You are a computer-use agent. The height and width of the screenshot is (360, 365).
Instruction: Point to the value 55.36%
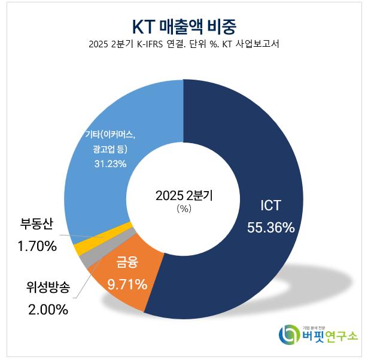click(270, 227)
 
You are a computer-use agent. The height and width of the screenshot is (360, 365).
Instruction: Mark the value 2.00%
click(48, 310)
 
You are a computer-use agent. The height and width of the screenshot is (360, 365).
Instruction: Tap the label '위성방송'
click(48, 289)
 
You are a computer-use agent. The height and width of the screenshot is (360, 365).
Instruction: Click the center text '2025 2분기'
click(184, 195)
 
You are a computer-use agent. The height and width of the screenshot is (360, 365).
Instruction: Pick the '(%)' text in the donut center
click(184, 209)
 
